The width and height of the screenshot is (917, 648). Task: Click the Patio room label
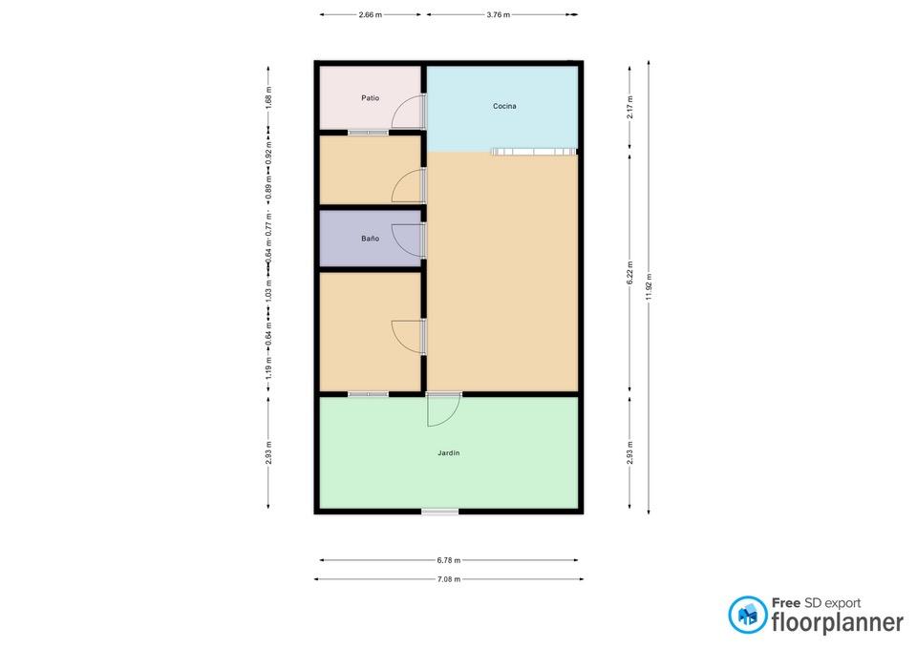tap(371, 98)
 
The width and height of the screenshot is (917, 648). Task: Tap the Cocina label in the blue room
tap(504, 106)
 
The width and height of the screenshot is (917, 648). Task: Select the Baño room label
tap(371, 239)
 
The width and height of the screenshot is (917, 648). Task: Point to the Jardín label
tap(449, 453)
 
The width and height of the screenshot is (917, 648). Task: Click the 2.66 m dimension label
tap(371, 15)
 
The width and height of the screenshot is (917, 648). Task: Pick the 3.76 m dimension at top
tap(499, 15)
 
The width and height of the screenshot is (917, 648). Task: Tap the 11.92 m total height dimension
tap(649, 287)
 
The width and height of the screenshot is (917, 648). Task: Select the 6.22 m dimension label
tap(629, 274)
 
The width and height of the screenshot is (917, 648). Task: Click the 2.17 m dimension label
tap(629, 107)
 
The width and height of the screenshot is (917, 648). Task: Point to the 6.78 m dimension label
tap(449, 560)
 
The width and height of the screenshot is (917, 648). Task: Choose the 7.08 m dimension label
tap(449, 579)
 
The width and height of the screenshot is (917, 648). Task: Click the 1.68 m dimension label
tap(268, 98)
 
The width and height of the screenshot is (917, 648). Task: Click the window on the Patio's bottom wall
tap(369, 133)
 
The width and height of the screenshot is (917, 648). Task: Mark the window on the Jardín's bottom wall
tap(440, 512)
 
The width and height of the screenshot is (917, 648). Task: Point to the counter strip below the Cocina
tap(532, 152)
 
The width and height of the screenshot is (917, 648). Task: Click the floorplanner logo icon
tap(747, 615)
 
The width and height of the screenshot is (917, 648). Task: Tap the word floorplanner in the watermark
tap(838, 622)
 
